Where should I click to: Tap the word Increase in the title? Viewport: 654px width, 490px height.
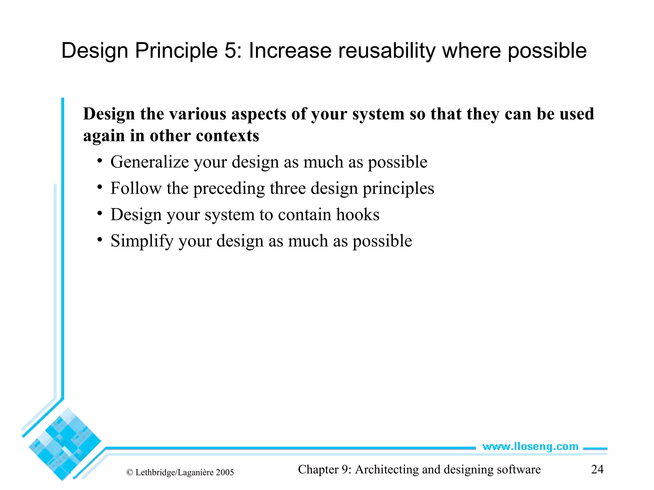[x=290, y=51]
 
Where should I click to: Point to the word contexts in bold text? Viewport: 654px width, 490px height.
[x=227, y=136]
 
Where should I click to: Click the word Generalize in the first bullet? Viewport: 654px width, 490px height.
[x=149, y=162]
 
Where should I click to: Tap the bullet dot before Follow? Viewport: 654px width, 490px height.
[x=100, y=187]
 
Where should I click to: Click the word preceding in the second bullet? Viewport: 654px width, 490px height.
[x=229, y=189]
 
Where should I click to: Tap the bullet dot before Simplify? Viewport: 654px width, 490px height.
[x=100, y=239]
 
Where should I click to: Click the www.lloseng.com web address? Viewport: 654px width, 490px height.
[x=530, y=447]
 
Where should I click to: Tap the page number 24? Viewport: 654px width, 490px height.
[x=597, y=469]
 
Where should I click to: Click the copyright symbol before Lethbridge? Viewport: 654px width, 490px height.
[x=130, y=472]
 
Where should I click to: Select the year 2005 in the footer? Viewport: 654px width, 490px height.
[x=225, y=472]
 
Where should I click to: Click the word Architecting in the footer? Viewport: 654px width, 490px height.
[x=387, y=470]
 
